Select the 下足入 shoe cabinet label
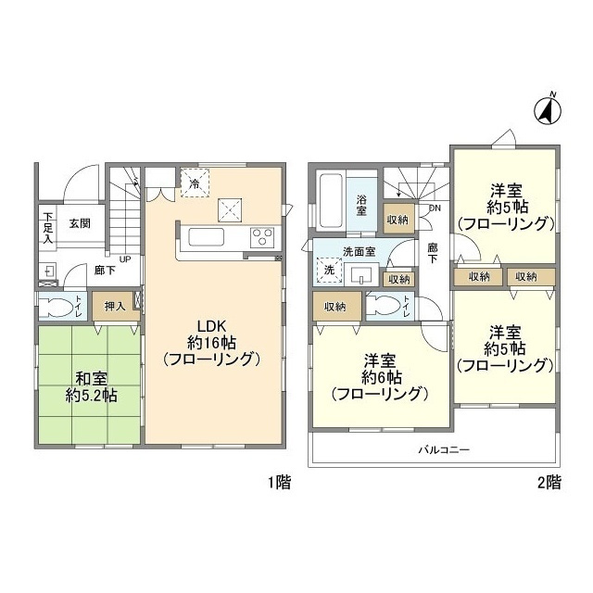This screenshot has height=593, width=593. [x=46, y=229]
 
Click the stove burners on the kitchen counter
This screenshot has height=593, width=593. [x=260, y=236]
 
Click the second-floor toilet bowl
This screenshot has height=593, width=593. [x=388, y=306]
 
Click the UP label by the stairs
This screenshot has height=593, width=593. [x=123, y=259]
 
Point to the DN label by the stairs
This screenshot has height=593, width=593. [x=434, y=208]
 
